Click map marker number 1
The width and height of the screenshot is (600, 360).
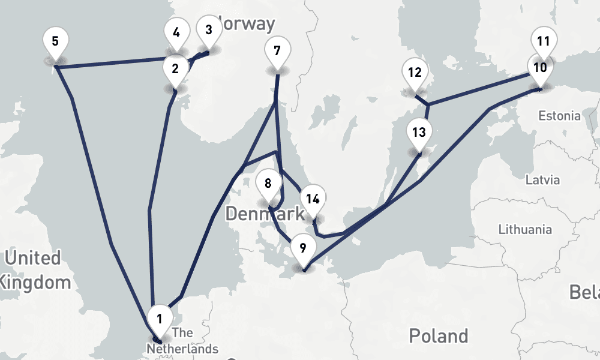pos(160,319)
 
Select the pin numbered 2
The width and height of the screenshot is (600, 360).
pos(175,68)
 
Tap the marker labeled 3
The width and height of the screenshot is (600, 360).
pos(208,30)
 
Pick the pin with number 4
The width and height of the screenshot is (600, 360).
pos(176,32)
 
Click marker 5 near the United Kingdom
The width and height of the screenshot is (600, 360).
pos(55,42)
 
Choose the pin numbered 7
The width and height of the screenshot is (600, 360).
pos(277,50)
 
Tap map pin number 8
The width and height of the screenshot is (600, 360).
pos(268,183)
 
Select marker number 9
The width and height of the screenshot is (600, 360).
pos(302,248)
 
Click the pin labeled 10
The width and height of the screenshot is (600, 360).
pos(539,67)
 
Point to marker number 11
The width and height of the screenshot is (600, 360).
pos(544,41)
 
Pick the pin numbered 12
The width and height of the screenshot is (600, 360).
pos(415,73)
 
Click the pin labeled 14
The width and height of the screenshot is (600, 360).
pos(312,199)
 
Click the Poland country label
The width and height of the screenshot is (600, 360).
pos(438,335)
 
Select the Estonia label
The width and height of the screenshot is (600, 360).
pos(560,116)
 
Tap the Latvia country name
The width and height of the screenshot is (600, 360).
pos(542,179)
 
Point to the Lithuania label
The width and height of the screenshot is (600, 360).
pos(526,229)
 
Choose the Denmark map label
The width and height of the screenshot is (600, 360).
pos(264,214)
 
